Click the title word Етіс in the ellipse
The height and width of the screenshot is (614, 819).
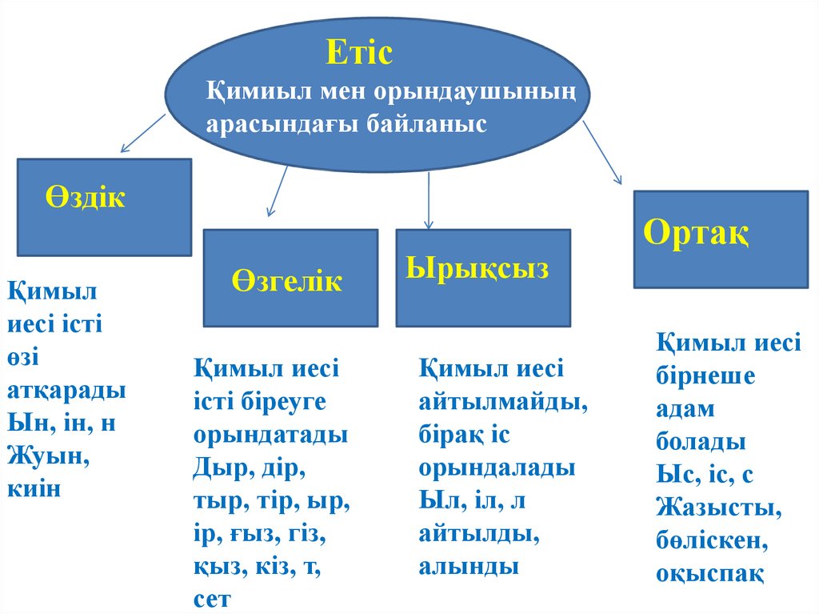point(359,54)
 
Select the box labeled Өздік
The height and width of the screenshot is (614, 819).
point(105,207)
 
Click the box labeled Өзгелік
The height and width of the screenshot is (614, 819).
point(290,279)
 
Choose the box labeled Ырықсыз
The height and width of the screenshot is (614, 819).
point(483,278)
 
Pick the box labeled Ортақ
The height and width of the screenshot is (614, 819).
point(721,239)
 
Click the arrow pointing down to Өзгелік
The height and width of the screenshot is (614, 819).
point(277,191)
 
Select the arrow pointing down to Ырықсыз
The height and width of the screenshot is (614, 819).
point(429,200)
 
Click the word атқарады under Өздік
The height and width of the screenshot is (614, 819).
point(66,390)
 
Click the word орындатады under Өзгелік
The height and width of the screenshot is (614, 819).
point(270,435)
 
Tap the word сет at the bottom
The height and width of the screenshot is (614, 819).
point(211,598)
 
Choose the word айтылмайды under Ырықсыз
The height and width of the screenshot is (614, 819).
point(502,403)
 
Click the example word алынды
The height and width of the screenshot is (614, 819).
point(469,566)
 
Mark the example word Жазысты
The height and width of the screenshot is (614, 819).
point(718,508)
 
